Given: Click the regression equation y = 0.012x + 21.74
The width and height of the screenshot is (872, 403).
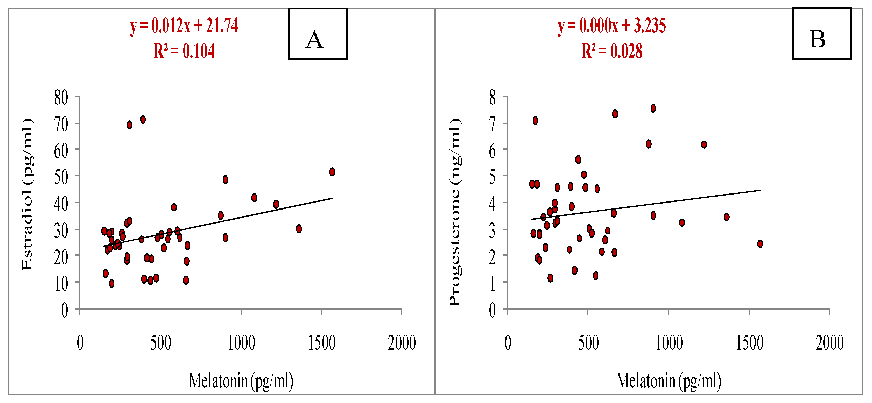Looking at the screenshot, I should [x=184, y=26].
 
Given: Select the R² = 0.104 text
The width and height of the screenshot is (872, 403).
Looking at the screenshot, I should [x=184, y=51].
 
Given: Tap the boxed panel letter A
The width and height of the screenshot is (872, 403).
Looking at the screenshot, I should [x=315, y=40].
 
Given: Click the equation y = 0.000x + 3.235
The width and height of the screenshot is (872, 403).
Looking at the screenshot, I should [x=612, y=26].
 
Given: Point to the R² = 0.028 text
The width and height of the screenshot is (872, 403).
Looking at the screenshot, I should [x=612, y=51].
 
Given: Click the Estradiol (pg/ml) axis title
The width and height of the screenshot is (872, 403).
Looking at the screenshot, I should [x=27, y=195].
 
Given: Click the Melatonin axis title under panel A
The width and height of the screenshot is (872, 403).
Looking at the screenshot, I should [x=241, y=381].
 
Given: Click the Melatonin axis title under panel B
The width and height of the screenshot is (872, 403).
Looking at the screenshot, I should [x=669, y=381].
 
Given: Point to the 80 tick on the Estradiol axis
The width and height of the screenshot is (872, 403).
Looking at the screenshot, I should [x=61, y=98].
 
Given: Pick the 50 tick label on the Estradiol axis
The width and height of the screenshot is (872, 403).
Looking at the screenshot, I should [x=61, y=177].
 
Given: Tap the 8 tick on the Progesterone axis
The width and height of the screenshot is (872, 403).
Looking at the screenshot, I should [x=492, y=98].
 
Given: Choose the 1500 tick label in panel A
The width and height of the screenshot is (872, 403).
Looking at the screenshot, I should [x=322, y=343].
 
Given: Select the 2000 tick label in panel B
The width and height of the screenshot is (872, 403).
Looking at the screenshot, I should [x=829, y=343].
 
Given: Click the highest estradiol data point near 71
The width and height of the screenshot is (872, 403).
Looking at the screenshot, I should [x=143, y=119].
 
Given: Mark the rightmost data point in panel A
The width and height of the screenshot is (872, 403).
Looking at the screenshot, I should [x=332, y=172].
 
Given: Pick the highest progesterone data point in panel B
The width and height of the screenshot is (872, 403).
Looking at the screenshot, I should [x=653, y=108].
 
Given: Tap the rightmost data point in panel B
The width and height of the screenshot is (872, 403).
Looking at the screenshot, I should [x=760, y=244].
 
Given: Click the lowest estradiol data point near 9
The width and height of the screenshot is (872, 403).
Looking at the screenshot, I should [x=112, y=284].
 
